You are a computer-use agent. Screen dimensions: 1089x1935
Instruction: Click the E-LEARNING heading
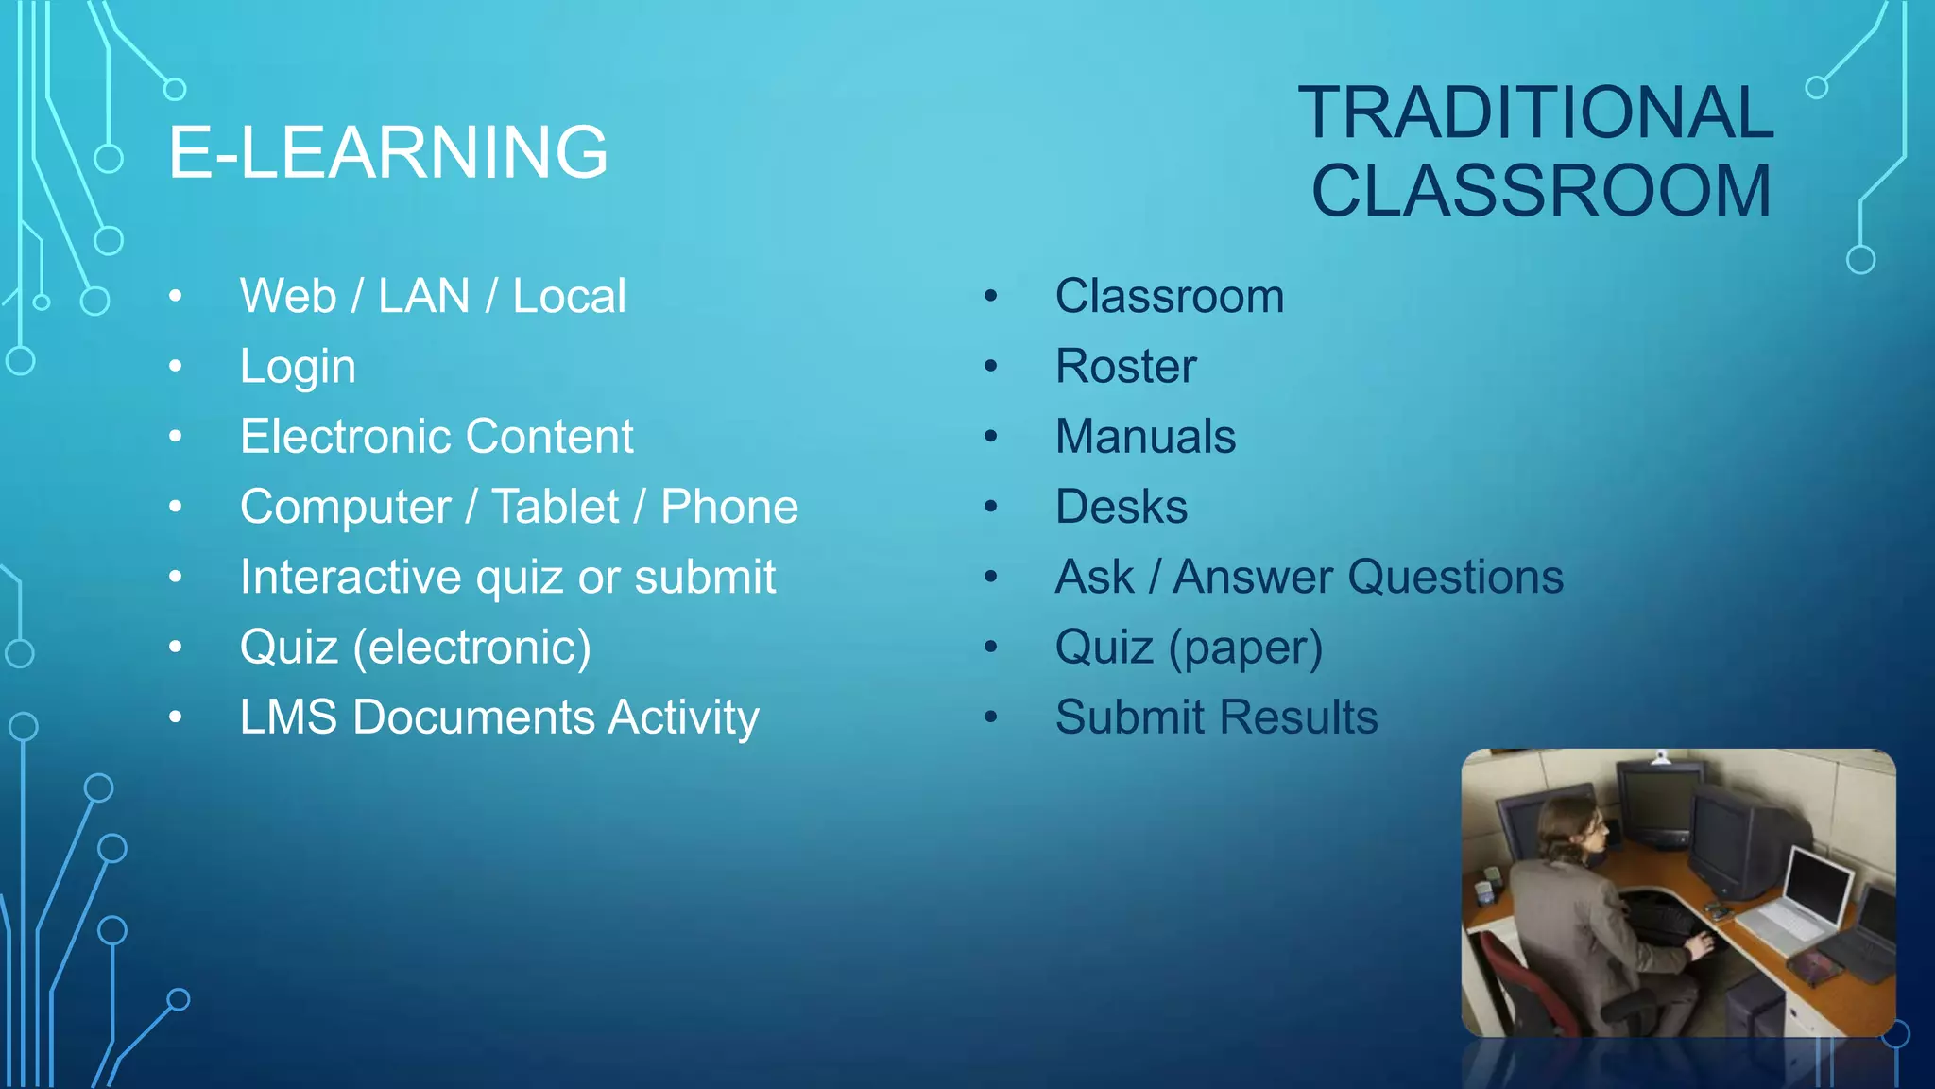[x=387, y=152]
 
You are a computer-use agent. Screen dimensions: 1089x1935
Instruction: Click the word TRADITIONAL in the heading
[x=1535, y=112]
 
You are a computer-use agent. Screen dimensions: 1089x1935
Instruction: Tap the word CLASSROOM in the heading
[x=1541, y=191]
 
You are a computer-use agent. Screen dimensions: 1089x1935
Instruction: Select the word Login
[x=298, y=367]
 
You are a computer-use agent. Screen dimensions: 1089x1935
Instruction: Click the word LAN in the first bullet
[x=424, y=296]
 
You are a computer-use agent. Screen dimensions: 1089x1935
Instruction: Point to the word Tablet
[x=556, y=507]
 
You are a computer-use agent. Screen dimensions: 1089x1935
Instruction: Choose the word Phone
[x=729, y=507]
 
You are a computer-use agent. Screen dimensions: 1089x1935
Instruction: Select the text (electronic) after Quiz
[x=472, y=648]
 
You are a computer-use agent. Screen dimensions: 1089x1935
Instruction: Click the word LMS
[x=288, y=717]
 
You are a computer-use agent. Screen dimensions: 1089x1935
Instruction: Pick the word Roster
[x=1125, y=367]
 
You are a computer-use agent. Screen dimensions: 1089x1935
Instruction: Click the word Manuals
[x=1145, y=437]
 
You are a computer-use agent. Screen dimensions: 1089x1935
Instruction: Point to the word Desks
[x=1122, y=507]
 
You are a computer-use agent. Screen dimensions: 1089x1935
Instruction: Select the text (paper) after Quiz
[x=1245, y=648]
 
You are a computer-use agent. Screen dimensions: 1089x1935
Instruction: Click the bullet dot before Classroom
[x=990, y=296]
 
